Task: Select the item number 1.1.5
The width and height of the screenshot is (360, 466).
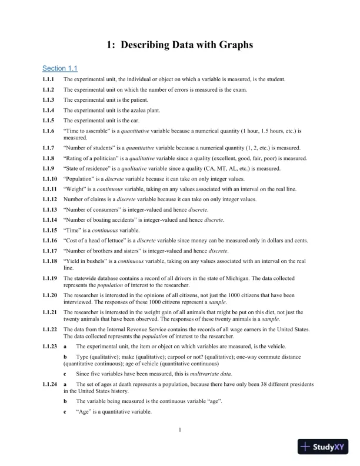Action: click(48, 119)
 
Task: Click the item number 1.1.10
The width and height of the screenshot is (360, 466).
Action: click(49, 179)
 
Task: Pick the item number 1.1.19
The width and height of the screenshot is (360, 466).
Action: click(49, 278)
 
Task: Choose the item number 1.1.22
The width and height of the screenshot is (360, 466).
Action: click(49, 329)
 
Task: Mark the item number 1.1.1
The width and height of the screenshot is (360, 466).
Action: click(48, 79)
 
